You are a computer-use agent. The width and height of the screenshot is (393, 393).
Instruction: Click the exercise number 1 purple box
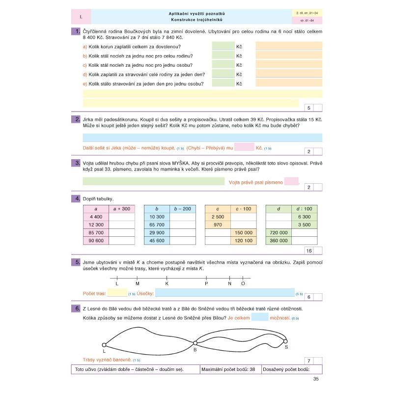pyautogui.click(x=76, y=32)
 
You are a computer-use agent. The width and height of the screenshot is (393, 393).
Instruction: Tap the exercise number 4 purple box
pyautogui.click(x=76, y=198)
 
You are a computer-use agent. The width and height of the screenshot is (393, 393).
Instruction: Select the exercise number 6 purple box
pyautogui.click(x=76, y=309)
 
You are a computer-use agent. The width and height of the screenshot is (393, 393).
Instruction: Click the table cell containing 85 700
pyautogui.click(x=96, y=232)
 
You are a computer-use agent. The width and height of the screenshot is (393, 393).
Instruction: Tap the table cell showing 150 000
pyautogui.click(x=244, y=232)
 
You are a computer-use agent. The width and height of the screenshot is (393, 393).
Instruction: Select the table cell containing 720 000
pyautogui.click(x=279, y=232)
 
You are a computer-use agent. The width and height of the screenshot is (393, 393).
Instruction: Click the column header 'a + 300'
pyautogui.click(x=121, y=209)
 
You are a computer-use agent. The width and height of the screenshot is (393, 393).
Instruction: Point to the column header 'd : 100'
pyautogui.click(x=305, y=209)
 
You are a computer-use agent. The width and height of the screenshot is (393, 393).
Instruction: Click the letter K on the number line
pyautogui.click(x=167, y=284)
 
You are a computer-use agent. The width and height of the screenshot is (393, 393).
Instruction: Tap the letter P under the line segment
pyautogui.click(x=206, y=284)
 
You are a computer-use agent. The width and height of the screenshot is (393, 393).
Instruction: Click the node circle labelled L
pyautogui.click(x=104, y=345)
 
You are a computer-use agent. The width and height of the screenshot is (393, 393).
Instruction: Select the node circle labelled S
pyautogui.click(x=285, y=341)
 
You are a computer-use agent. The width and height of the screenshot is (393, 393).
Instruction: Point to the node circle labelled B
pyautogui.click(x=195, y=343)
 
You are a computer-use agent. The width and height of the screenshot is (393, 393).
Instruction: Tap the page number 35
pyautogui.click(x=316, y=379)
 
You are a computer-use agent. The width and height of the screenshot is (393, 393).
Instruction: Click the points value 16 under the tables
pyautogui.click(x=309, y=251)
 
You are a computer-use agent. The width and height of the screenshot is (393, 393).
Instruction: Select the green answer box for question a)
pyautogui.click(x=223, y=46)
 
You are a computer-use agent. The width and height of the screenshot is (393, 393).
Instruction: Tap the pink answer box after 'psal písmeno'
pyautogui.click(x=291, y=182)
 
